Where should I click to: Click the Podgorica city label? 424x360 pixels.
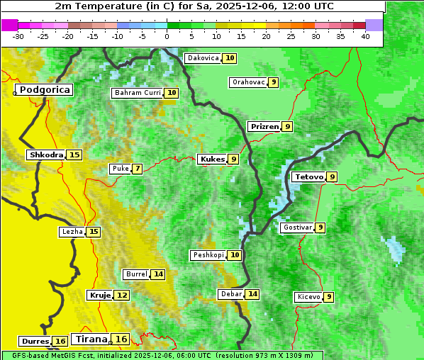coord(45,90)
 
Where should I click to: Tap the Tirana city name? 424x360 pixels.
coord(91,339)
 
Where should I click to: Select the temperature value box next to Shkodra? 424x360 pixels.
coord(74,154)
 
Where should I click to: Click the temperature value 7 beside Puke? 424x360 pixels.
coord(137,169)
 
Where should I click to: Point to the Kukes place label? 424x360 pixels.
coord(212,159)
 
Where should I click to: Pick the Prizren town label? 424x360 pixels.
coord(264,127)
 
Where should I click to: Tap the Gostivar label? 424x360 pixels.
coord(296,227)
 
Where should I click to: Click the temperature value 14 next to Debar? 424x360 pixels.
coord(252,294)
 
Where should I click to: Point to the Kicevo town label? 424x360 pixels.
coord(308,297)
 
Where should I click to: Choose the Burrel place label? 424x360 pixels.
coord(136,274)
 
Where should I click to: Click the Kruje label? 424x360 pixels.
coord(99,295)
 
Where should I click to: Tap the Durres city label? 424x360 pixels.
coord(35,342)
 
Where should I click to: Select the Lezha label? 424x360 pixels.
coord(72,232)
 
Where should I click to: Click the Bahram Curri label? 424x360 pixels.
coord(138,93)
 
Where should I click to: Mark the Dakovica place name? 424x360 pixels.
coord(202,58)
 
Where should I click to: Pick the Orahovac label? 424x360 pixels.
coord(248,82)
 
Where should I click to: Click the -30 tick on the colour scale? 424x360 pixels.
coord(18,35)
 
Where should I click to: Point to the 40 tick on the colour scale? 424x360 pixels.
coord(365,35)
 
